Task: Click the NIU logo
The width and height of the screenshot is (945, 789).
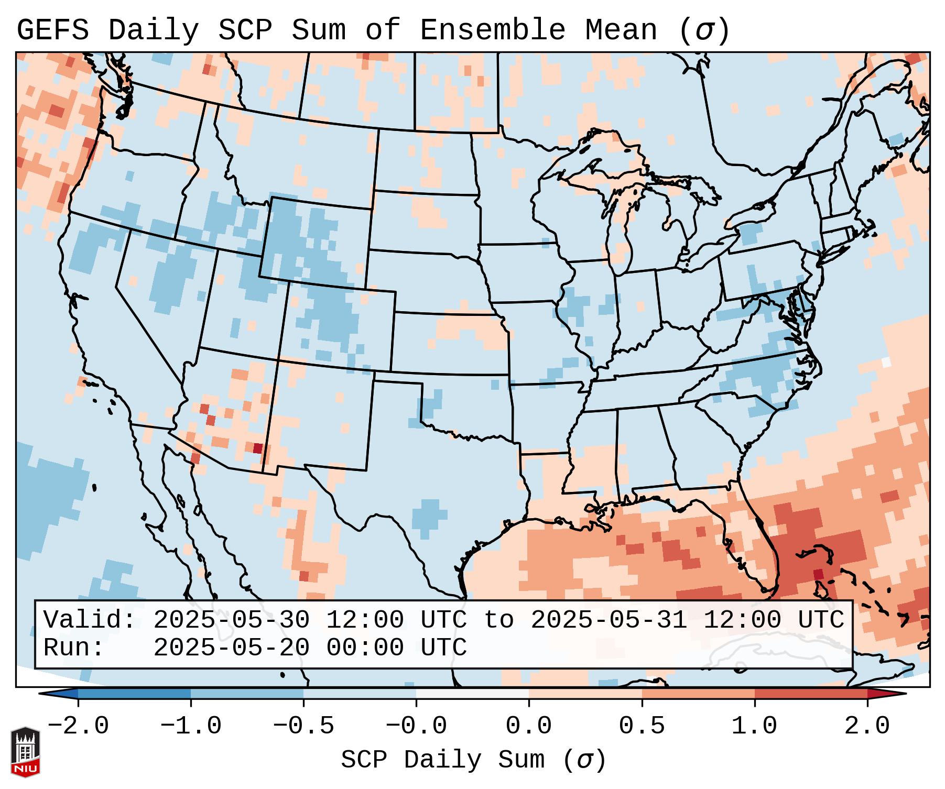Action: pos(25,751)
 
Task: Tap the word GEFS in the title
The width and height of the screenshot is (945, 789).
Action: pos(52,30)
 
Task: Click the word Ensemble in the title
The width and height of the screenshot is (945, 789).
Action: pos(492,30)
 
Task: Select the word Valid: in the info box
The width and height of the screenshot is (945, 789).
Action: pos(90,620)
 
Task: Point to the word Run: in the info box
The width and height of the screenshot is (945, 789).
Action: pos(74,648)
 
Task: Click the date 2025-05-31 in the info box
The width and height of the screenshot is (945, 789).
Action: pos(609,620)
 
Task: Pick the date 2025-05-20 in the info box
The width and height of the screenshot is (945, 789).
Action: pos(231,648)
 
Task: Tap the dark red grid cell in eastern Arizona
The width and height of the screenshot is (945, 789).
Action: pos(257,448)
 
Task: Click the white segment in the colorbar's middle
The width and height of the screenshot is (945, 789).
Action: pos(472,694)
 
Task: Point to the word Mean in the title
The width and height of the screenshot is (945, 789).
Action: pos(621,30)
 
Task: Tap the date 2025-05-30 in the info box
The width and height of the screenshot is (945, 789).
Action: pos(231,620)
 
